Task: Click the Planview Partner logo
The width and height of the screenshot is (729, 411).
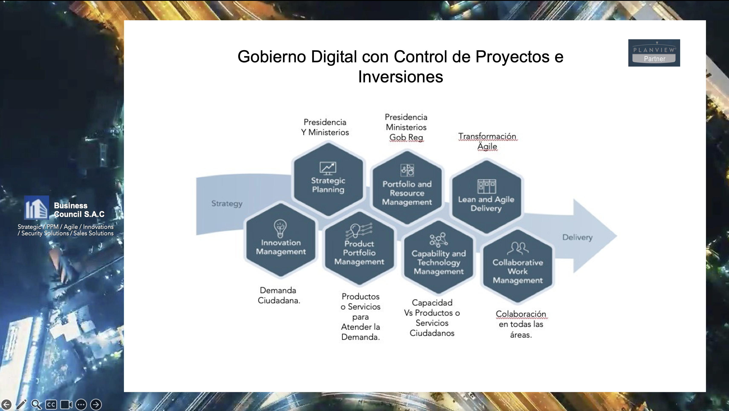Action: (654, 53)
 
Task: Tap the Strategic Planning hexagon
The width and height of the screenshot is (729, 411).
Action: (328, 179)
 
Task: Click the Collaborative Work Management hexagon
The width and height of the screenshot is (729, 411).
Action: (518, 266)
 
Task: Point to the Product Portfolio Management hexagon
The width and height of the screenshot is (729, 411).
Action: (359, 248)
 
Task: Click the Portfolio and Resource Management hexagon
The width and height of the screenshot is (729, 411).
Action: (407, 187)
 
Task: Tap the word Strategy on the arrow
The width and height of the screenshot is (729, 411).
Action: (227, 204)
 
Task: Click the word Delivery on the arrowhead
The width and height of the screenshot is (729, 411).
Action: (577, 237)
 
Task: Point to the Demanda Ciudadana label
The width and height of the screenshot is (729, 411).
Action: (279, 295)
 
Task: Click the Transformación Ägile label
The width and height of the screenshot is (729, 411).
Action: (487, 141)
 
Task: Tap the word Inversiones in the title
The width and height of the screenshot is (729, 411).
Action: (401, 77)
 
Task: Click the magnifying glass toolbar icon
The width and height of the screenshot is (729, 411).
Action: (36, 404)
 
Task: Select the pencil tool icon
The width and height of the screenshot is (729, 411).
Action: (21, 404)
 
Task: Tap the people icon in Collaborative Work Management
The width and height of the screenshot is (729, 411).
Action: (518, 248)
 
